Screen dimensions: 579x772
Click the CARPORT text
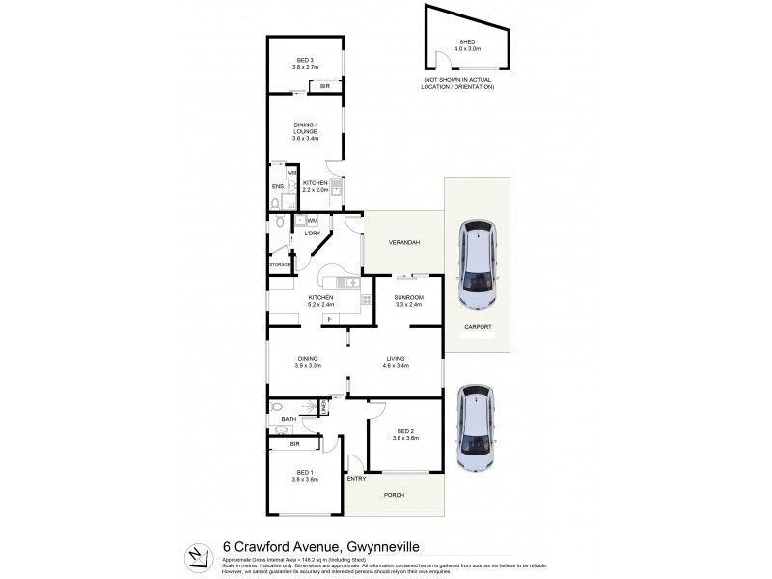[x=480, y=327]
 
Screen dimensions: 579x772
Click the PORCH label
[x=395, y=496]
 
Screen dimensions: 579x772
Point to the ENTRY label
[x=356, y=478]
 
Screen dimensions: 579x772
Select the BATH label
[x=288, y=419]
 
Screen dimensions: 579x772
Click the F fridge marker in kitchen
[x=329, y=318]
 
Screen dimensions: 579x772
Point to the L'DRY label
[x=313, y=234]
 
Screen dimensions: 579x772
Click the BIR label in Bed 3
[x=324, y=86]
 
